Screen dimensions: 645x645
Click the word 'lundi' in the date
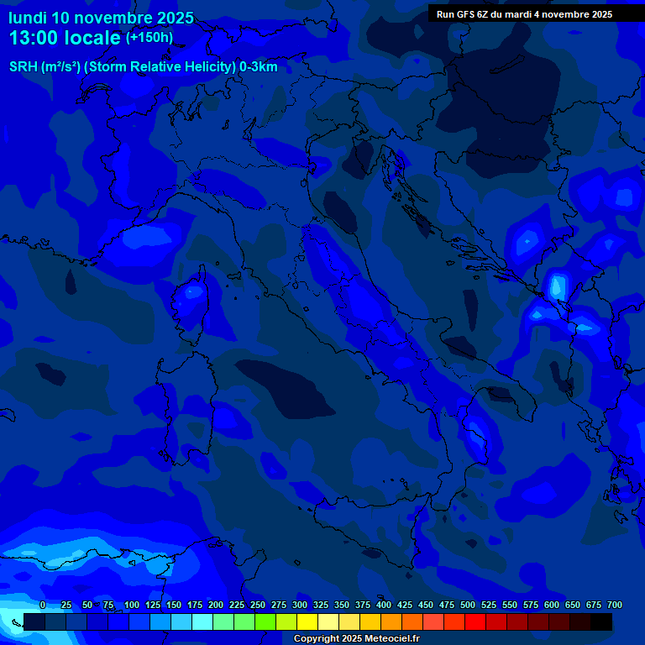pyautogui.click(x=28, y=18)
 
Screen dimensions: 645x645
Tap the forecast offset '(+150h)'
pyautogui.click(x=149, y=38)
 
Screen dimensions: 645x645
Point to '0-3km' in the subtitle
pyautogui.click(x=258, y=67)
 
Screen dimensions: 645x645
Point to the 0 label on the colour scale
pyautogui.click(x=43, y=605)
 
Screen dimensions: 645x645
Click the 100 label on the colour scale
pyautogui.click(x=132, y=605)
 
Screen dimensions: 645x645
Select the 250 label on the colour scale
pyautogui.click(x=258, y=605)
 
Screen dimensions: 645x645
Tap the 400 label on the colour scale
pyautogui.click(x=384, y=605)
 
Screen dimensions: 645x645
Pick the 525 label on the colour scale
pyautogui.click(x=489, y=605)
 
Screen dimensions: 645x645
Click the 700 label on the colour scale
pyautogui.click(x=615, y=605)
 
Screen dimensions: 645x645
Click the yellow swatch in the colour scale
pyautogui.click(x=307, y=621)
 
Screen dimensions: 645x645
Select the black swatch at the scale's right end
pyautogui.click(x=601, y=621)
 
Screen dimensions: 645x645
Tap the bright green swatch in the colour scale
pyautogui.click(x=265, y=621)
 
